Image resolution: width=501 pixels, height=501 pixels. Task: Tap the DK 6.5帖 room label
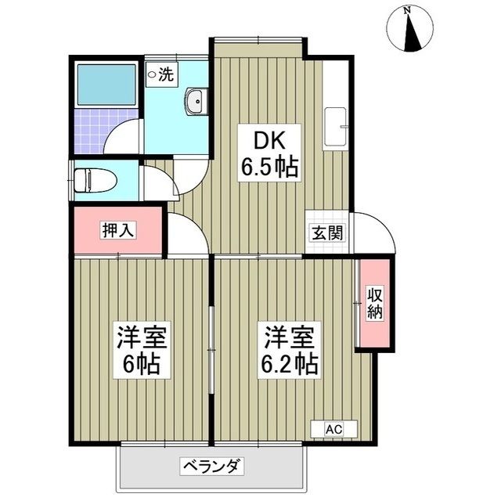tap(269, 155)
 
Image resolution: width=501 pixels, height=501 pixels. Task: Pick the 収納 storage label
tap(374, 303)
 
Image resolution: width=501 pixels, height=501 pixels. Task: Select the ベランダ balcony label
tap(213, 467)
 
